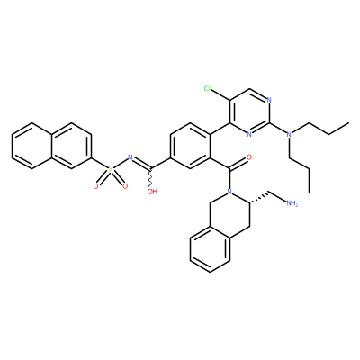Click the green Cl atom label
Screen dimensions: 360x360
tap(207, 88)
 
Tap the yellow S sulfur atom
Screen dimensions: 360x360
tap(111, 169)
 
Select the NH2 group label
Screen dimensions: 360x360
tap(292, 203)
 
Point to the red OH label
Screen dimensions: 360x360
tap(152, 192)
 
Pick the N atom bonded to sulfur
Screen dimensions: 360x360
tap(130, 157)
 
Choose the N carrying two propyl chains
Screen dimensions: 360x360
tap(289, 134)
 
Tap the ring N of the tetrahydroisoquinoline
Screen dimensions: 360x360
tap(229, 191)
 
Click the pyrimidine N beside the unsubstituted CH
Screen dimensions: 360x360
tap(269, 100)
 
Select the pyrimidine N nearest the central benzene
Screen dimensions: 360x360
tap(249, 134)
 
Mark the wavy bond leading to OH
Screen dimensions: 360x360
tap(150, 179)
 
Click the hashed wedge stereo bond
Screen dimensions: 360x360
tap(259, 197)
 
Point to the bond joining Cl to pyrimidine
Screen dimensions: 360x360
tap(220, 94)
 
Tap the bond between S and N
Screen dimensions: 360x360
tap(121, 163)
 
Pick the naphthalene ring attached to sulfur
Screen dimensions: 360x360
tap(71, 146)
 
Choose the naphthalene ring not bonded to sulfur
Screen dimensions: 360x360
tap(31, 146)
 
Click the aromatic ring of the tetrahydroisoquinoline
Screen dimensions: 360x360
tap(210, 249)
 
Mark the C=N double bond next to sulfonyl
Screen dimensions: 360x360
tap(141, 162)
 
